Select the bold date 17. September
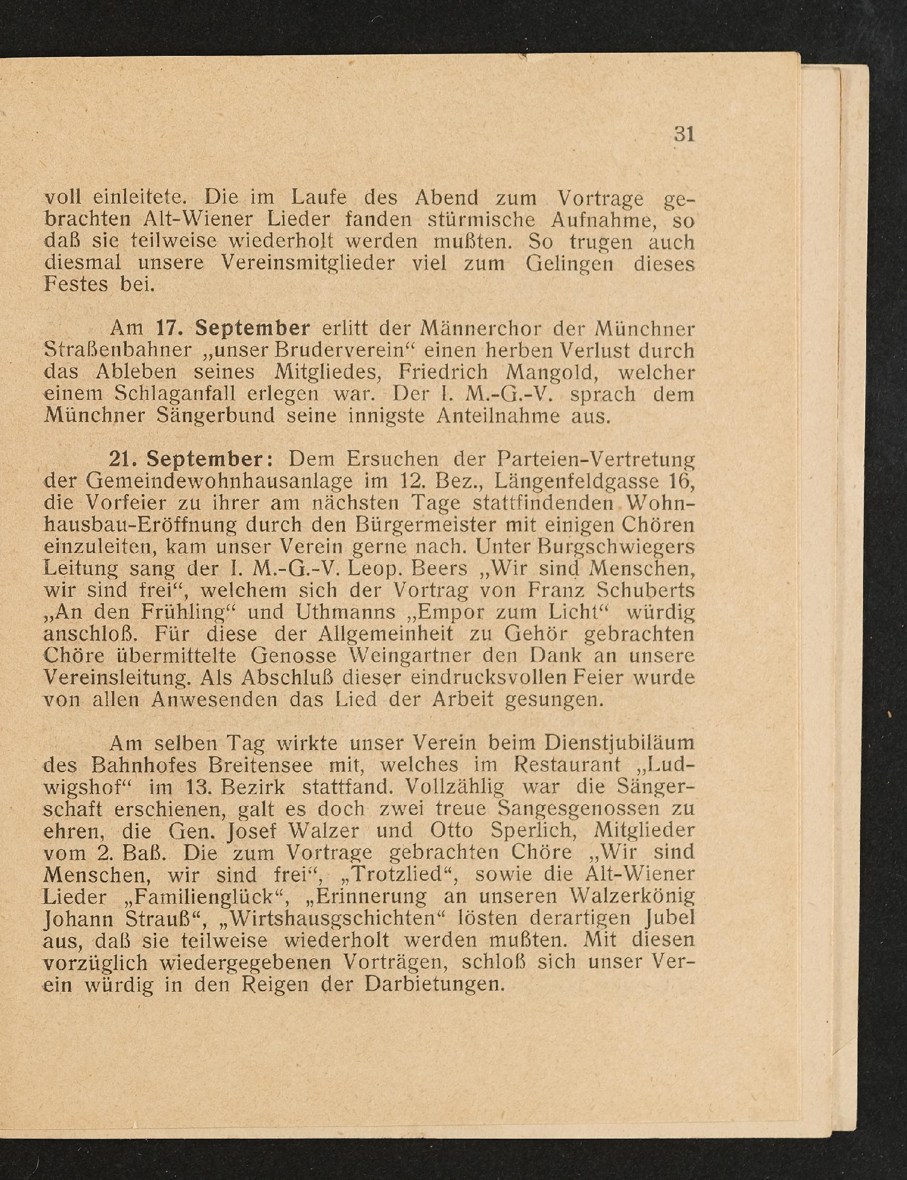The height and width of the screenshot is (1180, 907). click(x=233, y=328)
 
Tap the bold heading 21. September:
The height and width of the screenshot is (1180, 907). click(x=192, y=459)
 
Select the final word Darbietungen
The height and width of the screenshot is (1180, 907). click(x=434, y=984)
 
